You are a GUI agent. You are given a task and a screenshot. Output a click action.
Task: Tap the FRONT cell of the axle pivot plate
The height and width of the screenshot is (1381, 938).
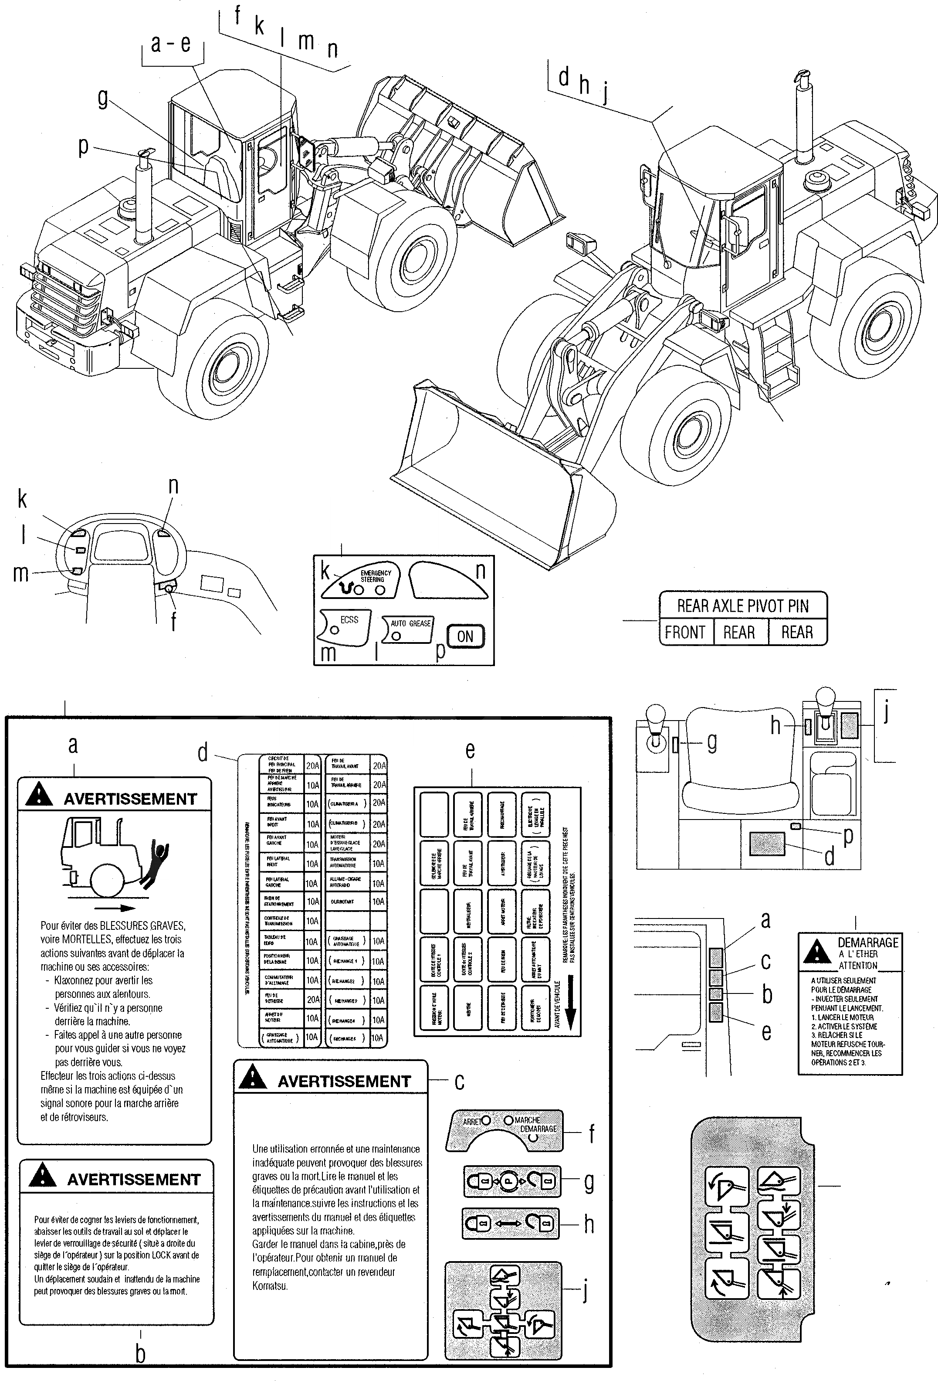point(685,632)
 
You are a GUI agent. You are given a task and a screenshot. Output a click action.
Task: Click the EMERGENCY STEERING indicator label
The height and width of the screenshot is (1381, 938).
point(376,576)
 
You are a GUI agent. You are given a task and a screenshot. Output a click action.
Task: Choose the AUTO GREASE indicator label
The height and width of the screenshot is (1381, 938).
point(410,623)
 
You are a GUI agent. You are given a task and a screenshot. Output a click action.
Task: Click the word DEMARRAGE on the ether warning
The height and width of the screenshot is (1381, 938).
point(867,942)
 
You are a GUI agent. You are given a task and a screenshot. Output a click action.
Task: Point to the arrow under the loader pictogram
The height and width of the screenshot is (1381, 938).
point(116,908)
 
